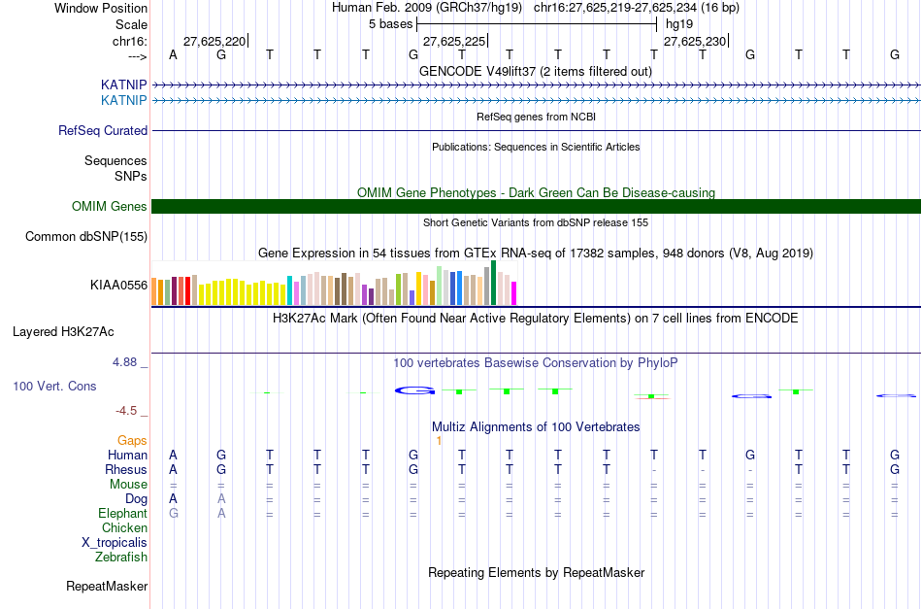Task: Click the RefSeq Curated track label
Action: (x=103, y=130)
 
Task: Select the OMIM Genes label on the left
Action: (x=109, y=206)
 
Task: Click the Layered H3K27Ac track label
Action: (x=63, y=331)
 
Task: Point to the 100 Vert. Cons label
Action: (x=54, y=386)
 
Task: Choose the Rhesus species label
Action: (x=125, y=469)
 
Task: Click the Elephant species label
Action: (x=122, y=513)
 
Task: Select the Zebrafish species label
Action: (x=121, y=557)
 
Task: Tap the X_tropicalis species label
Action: (x=115, y=542)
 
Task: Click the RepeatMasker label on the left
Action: (x=107, y=586)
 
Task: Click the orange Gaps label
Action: (x=133, y=440)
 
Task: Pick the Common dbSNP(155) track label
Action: (x=86, y=236)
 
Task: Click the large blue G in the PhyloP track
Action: (x=415, y=390)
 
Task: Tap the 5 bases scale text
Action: (x=391, y=23)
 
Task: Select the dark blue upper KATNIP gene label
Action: (x=123, y=85)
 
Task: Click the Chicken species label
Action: (x=124, y=527)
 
